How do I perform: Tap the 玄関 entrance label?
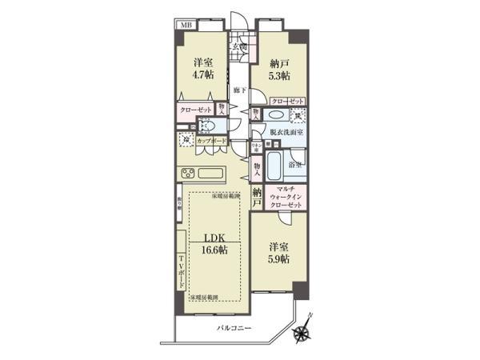[x=239, y=46]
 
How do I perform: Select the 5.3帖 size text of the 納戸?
[x=279, y=75]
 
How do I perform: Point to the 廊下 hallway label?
[x=239, y=90]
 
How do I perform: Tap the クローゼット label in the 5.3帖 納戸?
[x=287, y=101]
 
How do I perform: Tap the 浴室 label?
[x=295, y=164]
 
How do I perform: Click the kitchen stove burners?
[x=187, y=174]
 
